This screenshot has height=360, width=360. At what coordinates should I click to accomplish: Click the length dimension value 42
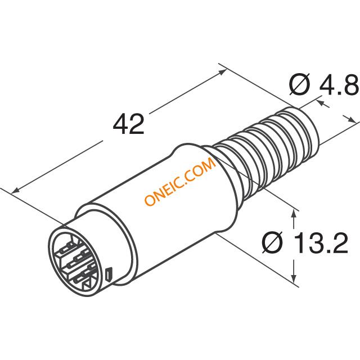click(x=129, y=124)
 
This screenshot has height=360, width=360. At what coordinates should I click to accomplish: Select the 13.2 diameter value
click(x=321, y=242)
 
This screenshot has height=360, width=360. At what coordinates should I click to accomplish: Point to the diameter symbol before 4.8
click(x=299, y=84)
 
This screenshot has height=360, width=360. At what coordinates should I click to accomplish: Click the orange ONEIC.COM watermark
click(x=181, y=181)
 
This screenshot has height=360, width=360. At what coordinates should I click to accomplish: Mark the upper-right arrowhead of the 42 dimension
click(x=222, y=72)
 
